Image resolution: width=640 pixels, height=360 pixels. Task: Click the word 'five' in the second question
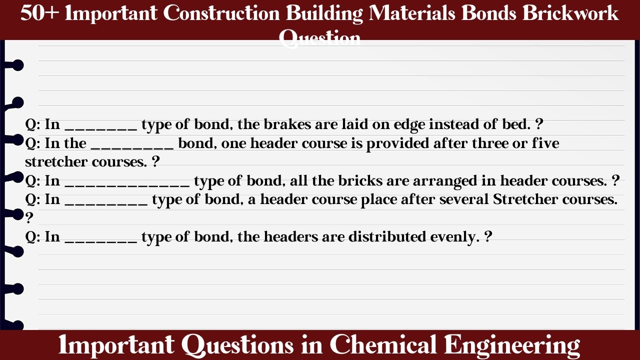click(x=545, y=143)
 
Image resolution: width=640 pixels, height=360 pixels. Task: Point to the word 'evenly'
click(x=452, y=236)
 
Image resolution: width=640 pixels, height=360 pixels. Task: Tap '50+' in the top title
click(x=39, y=13)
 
